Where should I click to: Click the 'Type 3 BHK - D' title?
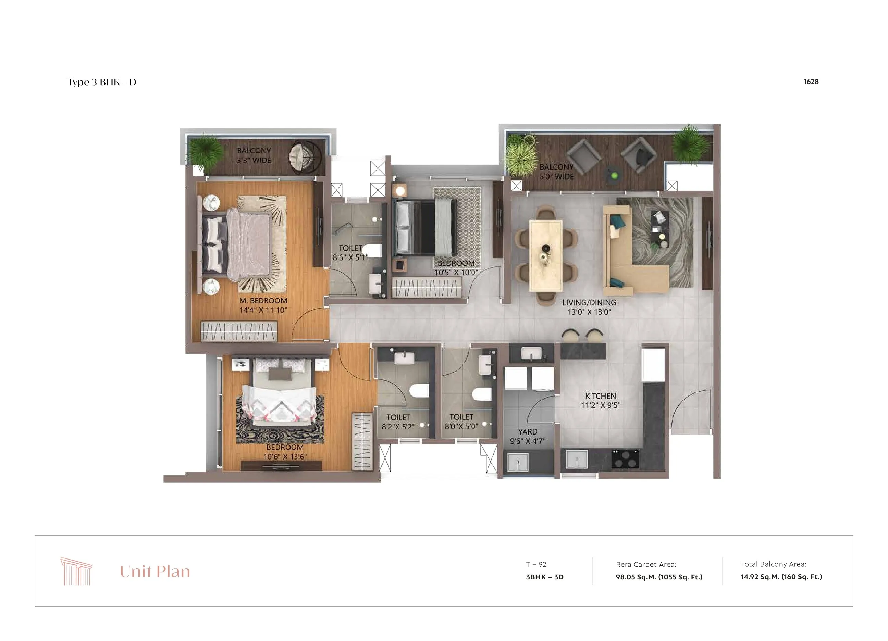tap(102, 82)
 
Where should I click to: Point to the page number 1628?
tap(811, 82)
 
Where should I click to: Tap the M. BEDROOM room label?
tap(263, 301)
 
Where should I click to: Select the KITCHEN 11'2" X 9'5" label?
tap(600, 400)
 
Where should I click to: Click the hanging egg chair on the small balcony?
tap(305, 156)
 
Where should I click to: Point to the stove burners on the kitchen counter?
tap(625, 458)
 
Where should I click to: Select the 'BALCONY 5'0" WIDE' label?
tap(556, 172)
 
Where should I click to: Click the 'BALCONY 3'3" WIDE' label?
tap(254, 155)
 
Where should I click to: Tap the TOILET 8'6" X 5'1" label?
tap(350, 253)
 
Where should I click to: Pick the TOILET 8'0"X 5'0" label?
tap(461, 422)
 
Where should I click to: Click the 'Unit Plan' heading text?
tap(155, 572)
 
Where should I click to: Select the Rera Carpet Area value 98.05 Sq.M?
tap(659, 577)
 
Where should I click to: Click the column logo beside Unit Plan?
tap(76, 571)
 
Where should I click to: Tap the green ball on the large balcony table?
tap(614, 176)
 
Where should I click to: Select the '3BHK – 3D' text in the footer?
tap(545, 577)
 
